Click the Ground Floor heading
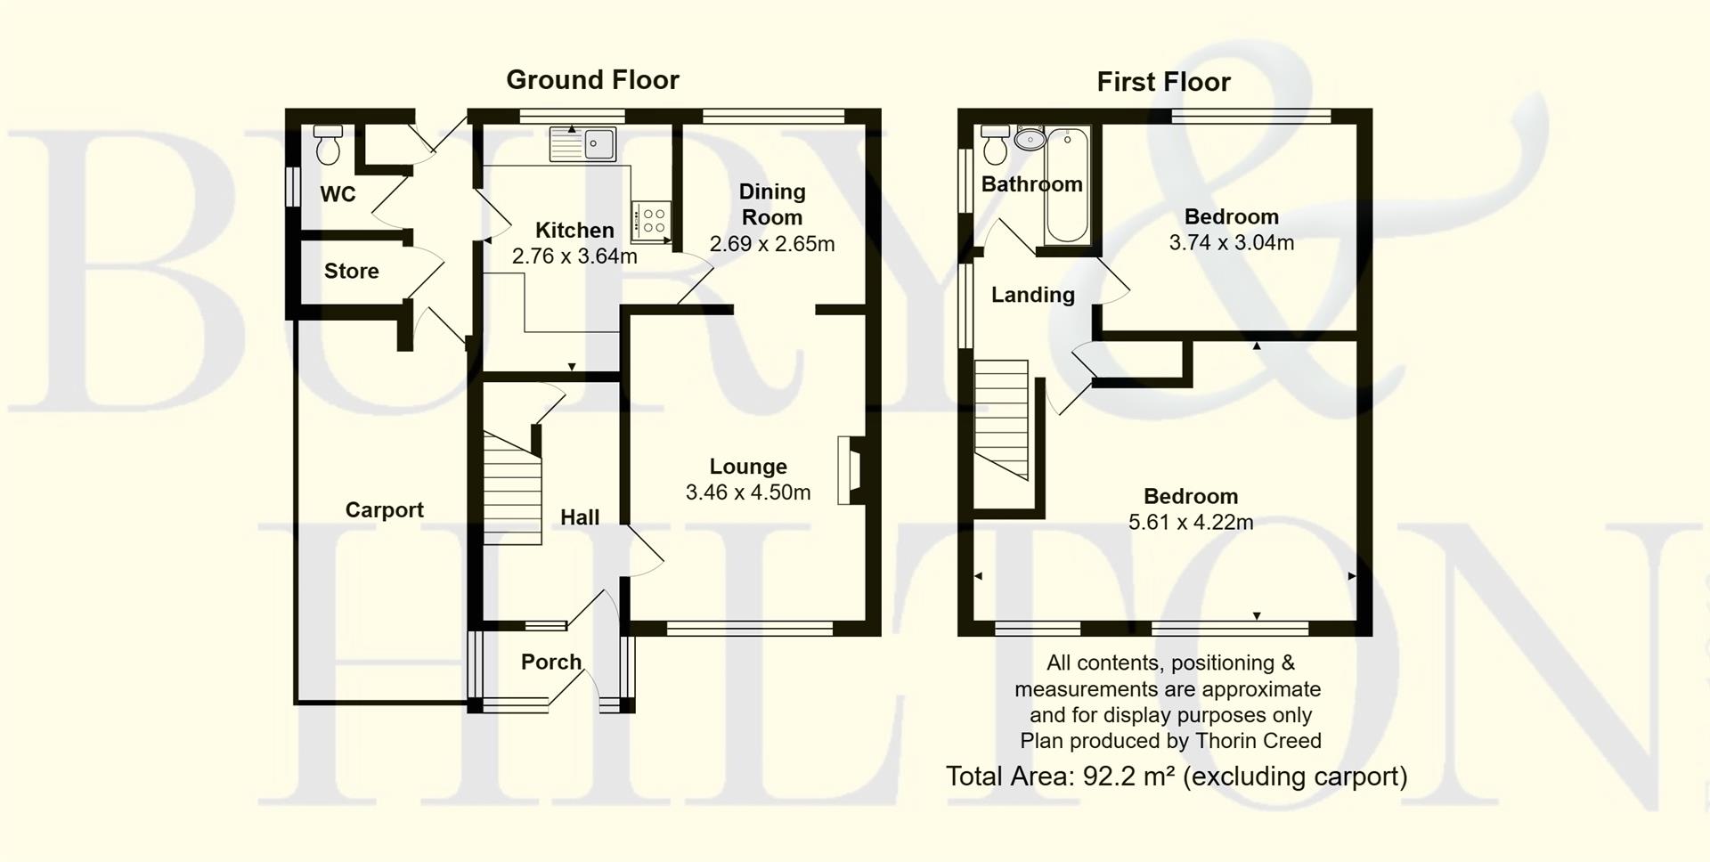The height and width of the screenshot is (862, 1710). tap(592, 80)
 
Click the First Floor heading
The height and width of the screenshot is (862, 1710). tap(1163, 82)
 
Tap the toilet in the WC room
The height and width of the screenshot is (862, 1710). tap(328, 145)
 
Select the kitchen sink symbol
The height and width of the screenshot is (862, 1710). tap(583, 144)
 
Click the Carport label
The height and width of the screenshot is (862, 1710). tap(384, 510)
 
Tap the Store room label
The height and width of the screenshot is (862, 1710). tap(351, 272)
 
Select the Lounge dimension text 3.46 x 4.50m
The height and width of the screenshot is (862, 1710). tap(748, 492)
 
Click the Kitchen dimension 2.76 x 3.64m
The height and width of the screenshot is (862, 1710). tap(574, 256)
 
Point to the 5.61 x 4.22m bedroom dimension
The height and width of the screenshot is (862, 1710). tap(1191, 523)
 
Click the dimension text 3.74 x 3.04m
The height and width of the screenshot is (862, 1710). tap(1231, 242)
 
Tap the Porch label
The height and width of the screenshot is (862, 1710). tap(551, 662)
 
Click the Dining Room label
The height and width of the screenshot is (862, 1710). tap(772, 204)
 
